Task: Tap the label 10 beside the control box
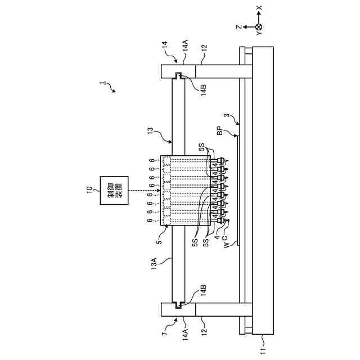(x=89, y=190)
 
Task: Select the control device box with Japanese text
(x=114, y=190)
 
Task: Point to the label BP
(x=219, y=133)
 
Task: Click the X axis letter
(x=258, y=9)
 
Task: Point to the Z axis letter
(x=238, y=26)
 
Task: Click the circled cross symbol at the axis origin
(x=258, y=26)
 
